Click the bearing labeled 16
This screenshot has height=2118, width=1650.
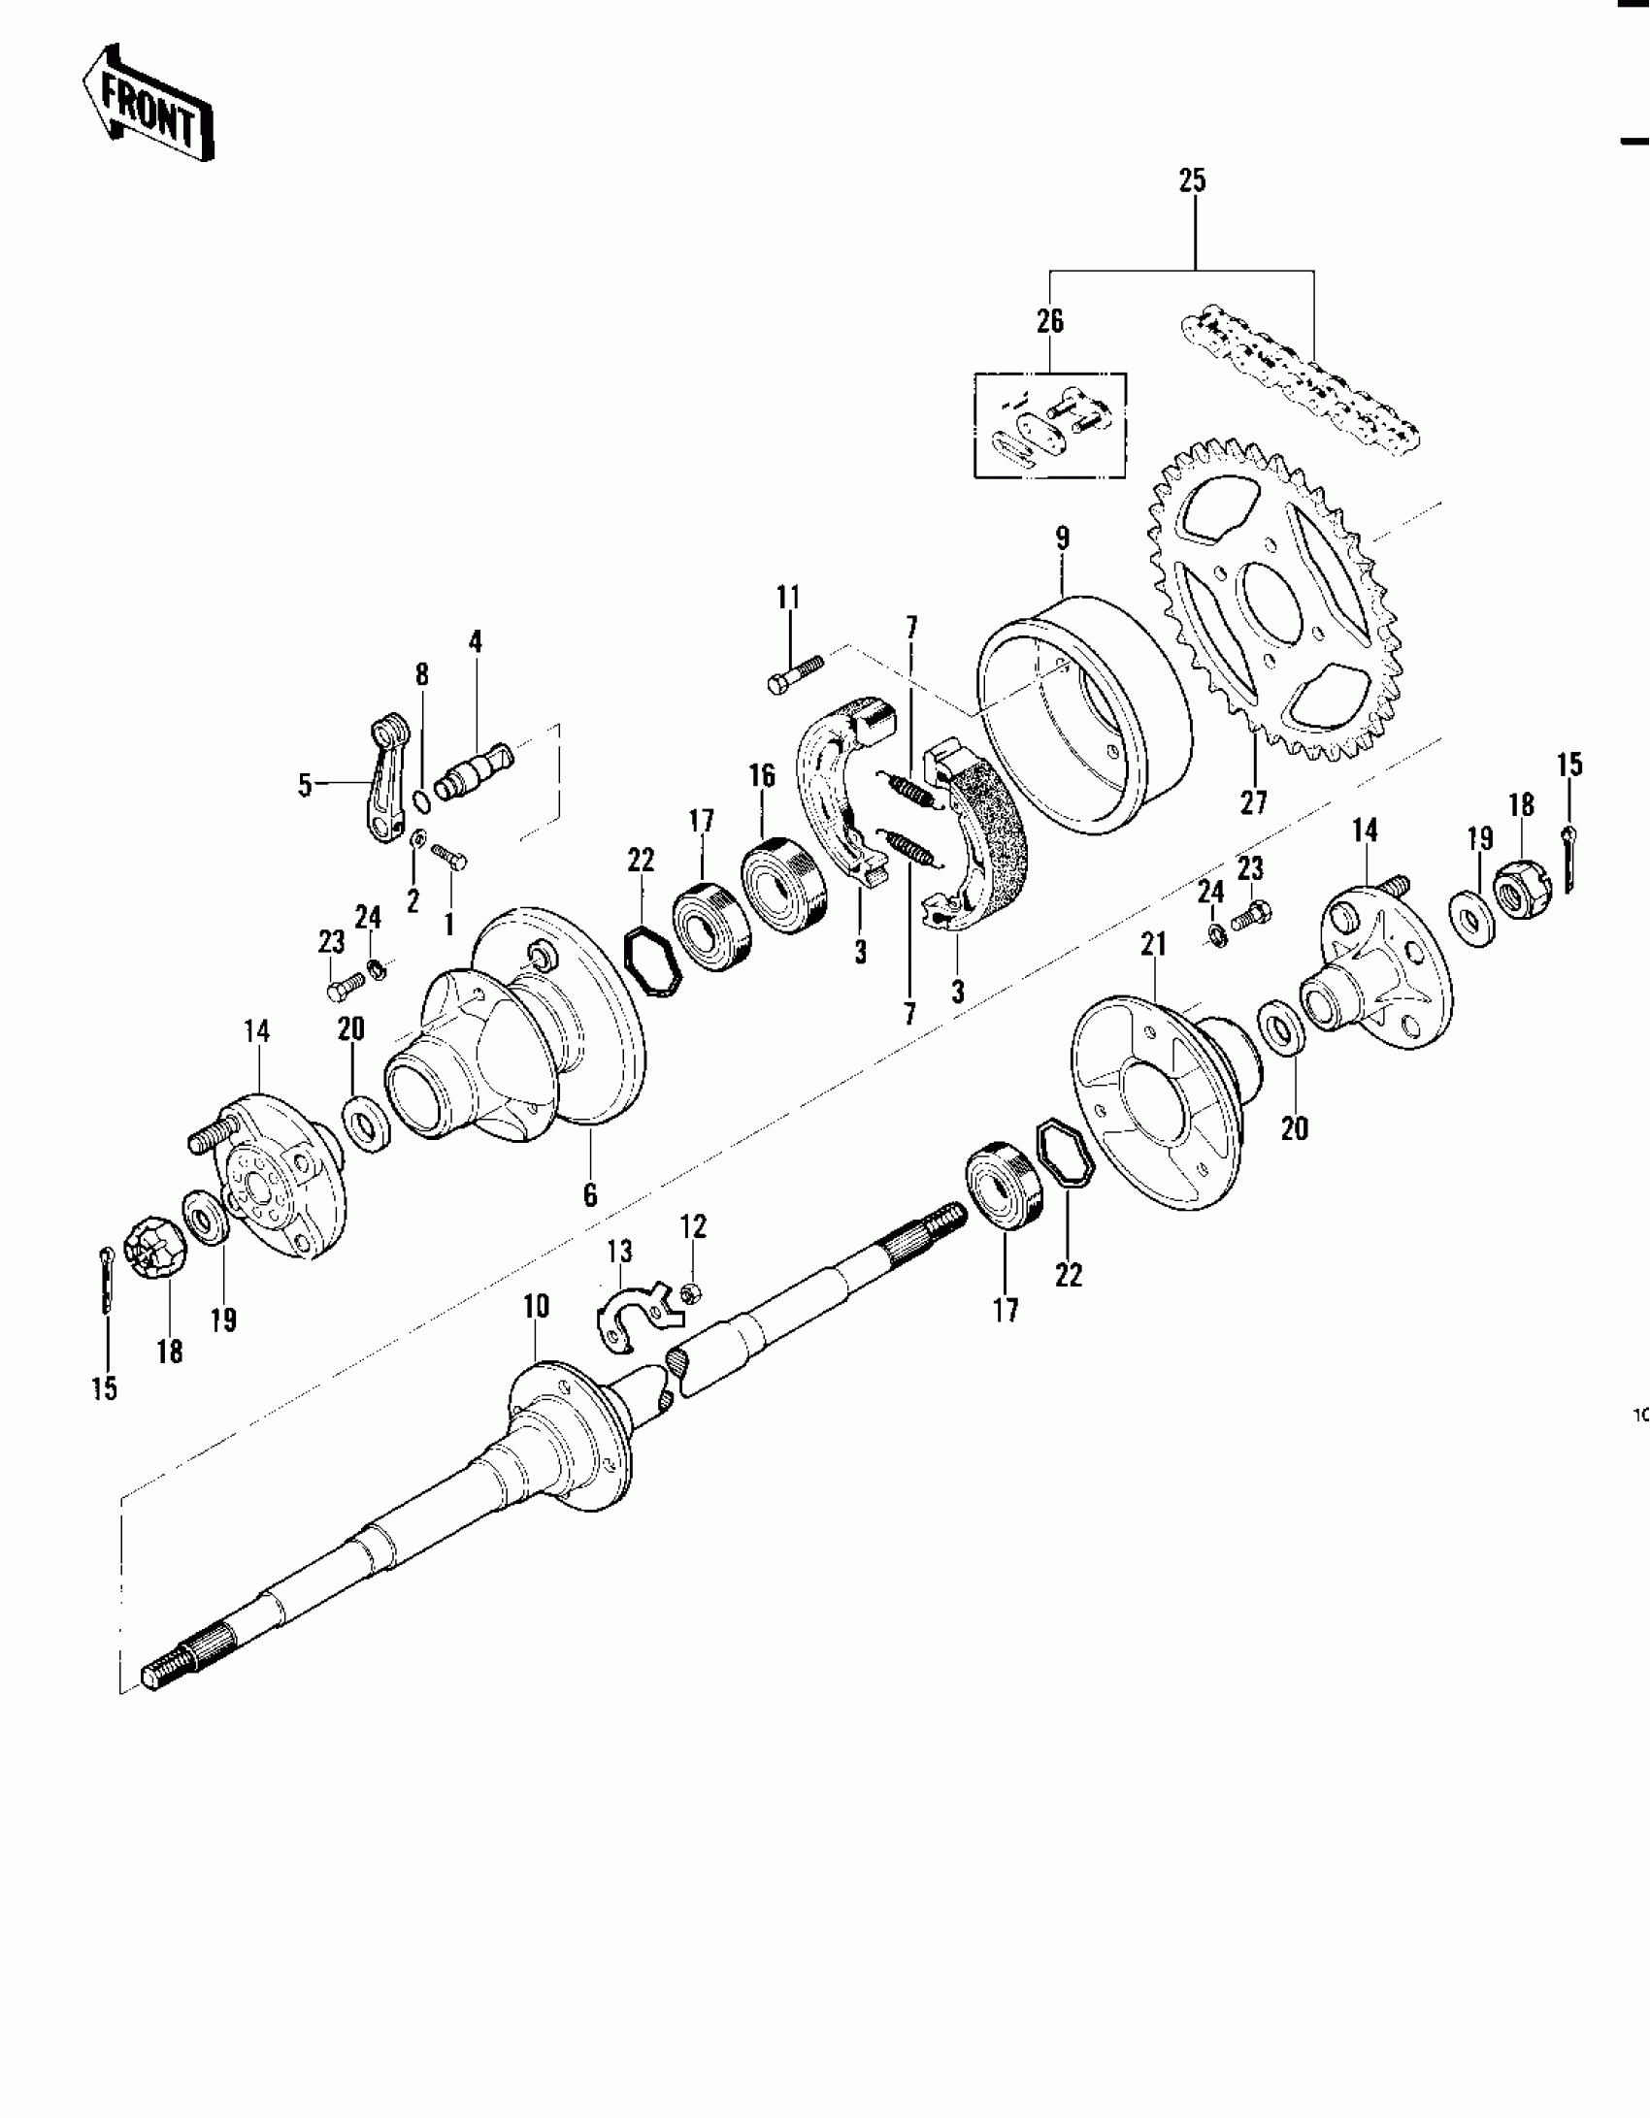(784, 885)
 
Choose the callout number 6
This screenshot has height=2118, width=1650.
(590, 1195)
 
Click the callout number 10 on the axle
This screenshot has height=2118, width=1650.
(536, 1307)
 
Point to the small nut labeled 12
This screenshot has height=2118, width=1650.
(690, 1292)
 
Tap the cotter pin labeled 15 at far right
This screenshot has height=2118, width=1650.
(1569, 859)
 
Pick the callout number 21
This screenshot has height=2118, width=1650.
(1152, 945)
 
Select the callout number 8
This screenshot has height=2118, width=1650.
(421, 675)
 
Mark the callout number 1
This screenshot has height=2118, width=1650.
(448, 925)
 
